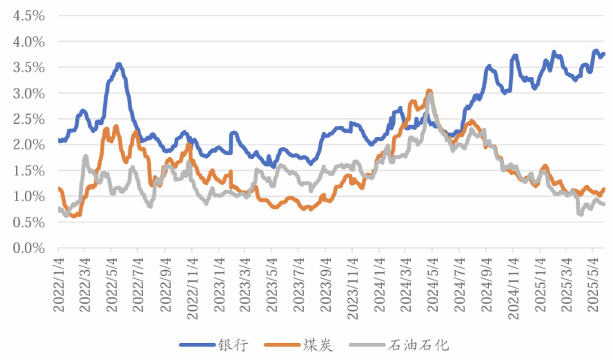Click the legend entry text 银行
coord(232,345)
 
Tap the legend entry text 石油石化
coord(418,345)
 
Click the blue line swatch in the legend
coord(197,345)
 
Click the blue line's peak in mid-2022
coord(119,64)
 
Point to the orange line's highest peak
coord(429,91)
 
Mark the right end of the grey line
coord(604,204)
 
